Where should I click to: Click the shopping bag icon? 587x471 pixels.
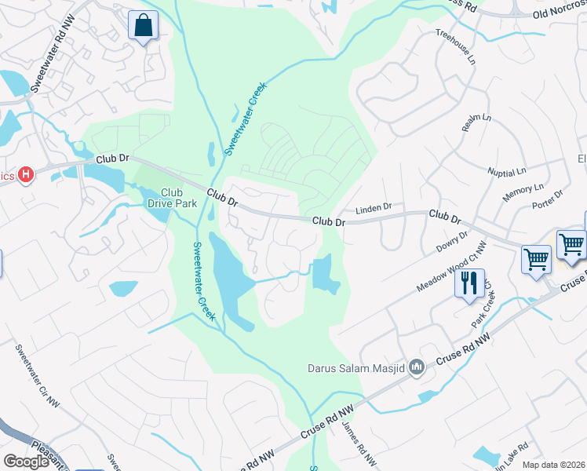144,26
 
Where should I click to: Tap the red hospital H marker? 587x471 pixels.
26,174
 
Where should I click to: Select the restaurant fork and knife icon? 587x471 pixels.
469,283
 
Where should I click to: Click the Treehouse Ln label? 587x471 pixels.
456,48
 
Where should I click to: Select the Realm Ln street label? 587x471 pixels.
476,122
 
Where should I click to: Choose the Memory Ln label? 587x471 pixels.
523,190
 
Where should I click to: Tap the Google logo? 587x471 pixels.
26,462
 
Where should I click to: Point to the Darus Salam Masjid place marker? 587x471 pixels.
417,366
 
